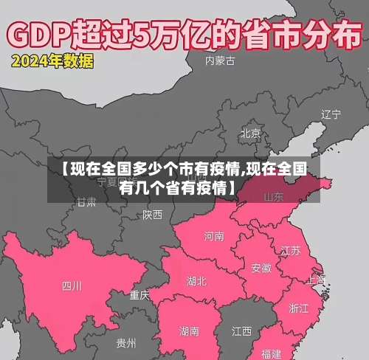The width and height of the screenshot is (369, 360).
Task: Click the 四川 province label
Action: click(72, 285)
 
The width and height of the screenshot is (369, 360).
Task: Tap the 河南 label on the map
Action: click(214, 237)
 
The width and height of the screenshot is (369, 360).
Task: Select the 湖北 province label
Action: click(197, 281)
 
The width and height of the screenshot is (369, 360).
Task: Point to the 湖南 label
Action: click(188, 331)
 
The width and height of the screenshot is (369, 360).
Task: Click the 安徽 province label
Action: click(261, 267)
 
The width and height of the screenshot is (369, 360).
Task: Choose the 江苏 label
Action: click(291, 250)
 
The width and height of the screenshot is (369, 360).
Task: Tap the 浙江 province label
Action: click(299, 308)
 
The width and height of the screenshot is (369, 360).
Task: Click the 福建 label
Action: click(271, 353)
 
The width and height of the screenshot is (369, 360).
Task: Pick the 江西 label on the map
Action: click(242, 330)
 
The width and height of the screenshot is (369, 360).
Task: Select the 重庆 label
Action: click(139, 295)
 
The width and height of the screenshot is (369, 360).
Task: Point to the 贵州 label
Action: click(126, 343)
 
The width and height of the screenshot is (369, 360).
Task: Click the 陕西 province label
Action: click(153, 215)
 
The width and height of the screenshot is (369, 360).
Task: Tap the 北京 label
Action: click(250, 134)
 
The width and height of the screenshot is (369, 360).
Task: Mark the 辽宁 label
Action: click(331, 114)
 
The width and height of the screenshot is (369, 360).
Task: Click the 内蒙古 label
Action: click(221, 61)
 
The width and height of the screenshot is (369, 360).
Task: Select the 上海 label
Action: click(316, 280)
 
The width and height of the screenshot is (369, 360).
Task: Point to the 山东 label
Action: click(274, 196)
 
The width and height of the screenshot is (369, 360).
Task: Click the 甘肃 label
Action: click(86, 201)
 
